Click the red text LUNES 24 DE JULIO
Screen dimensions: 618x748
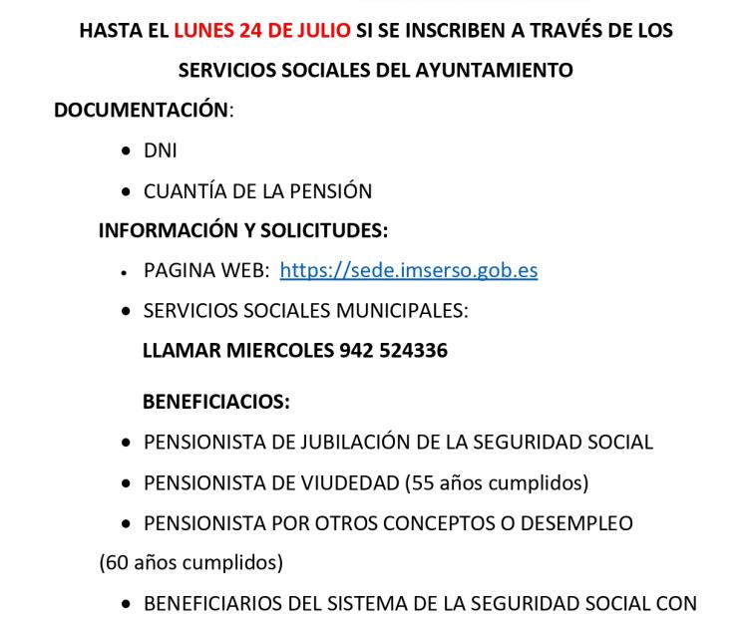click(262, 31)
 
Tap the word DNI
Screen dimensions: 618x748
click(161, 152)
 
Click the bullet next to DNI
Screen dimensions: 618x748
click(125, 152)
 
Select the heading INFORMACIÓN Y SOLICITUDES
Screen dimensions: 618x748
click(243, 230)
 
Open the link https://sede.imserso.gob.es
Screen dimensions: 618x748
click(409, 270)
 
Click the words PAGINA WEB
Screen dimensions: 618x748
click(204, 270)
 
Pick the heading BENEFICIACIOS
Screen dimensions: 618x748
click(216, 402)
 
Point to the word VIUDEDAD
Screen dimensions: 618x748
click(348, 482)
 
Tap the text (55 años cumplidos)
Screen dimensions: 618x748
click(497, 482)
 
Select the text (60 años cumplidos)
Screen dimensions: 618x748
click(190, 562)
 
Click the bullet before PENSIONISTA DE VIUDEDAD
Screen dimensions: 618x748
click(125, 483)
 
